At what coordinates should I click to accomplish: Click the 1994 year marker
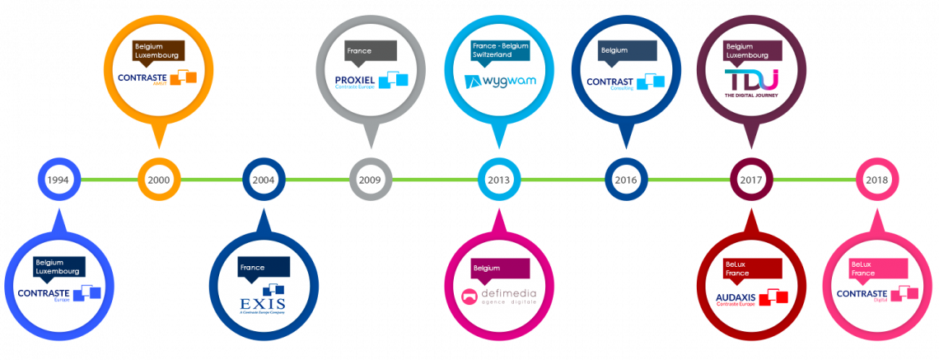click(x=58, y=180)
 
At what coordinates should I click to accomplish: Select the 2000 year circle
click(x=158, y=180)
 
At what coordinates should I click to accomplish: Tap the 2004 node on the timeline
click(x=264, y=180)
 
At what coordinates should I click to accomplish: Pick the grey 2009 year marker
click(x=371, y=180)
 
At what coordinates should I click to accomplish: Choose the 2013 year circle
click(x=498, y=180)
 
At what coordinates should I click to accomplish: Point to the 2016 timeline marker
click(x=626, y=180)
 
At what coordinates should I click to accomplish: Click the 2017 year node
click(x=751, y=180)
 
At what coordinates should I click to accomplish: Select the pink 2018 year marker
click(x=876, y=180)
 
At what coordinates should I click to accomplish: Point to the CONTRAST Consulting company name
click(x=609, y=82)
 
